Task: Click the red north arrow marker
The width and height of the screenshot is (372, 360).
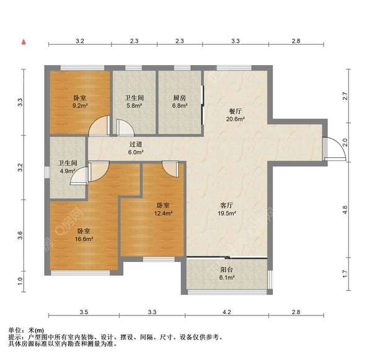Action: pos(24,42)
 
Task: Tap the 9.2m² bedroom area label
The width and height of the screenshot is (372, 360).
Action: pos(80,102)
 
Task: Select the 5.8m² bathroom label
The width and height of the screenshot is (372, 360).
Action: pos(133,102)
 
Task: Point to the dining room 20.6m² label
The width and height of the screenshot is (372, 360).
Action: pos(236,115)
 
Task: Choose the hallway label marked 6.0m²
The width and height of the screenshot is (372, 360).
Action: pos(136,148)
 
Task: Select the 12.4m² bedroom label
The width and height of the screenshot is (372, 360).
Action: pos(164,209)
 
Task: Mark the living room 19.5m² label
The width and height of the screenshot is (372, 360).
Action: pos(231,209)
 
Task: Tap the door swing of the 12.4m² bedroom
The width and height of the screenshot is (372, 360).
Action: pos(169,169)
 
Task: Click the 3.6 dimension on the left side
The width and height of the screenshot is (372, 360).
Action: pos(20,235)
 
